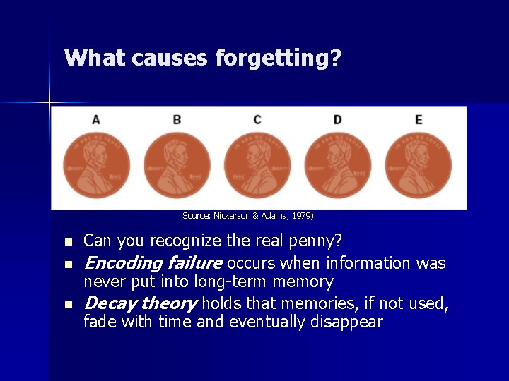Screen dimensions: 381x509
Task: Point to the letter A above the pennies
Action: click(x=96, y=119)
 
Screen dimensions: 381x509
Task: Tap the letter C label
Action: click(x=257, y=119)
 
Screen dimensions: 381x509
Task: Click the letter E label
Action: click(x=419, y=119)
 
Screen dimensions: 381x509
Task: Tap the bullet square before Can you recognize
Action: click(x=68, y=242)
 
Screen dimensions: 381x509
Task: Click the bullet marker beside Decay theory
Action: click(x=68, y=304)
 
